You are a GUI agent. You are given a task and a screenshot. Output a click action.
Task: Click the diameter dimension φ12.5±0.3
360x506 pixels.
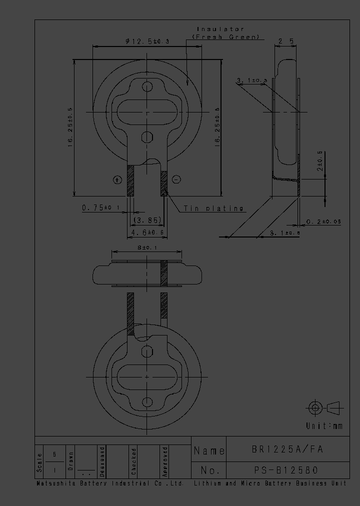(147, 42)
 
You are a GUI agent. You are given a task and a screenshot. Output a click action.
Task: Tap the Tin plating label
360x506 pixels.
(213, 208)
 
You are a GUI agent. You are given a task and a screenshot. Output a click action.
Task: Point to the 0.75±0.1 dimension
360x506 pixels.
(101, 207)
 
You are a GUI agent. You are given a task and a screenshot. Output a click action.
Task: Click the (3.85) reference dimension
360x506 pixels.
(147, 220)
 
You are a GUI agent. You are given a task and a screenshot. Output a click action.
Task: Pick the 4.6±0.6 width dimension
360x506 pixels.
(147, 232)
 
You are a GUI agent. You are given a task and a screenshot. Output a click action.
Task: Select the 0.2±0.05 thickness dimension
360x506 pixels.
(323, 221)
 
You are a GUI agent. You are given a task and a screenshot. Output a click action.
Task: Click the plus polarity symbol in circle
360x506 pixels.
(117, 179)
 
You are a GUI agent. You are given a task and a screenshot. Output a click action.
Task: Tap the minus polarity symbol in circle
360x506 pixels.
(176, 179)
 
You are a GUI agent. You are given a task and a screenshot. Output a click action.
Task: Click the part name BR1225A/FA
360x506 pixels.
(287, 449)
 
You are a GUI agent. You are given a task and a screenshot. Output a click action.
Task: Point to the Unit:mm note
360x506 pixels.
(324, 426)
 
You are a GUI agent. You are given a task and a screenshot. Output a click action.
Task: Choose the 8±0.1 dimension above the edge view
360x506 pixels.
(146, 247)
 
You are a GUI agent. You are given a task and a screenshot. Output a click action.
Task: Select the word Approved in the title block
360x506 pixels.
(165, 460)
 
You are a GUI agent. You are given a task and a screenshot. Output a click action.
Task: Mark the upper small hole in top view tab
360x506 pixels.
(147, 87)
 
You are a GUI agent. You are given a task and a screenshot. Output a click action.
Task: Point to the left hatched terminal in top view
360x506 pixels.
(131, 180)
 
